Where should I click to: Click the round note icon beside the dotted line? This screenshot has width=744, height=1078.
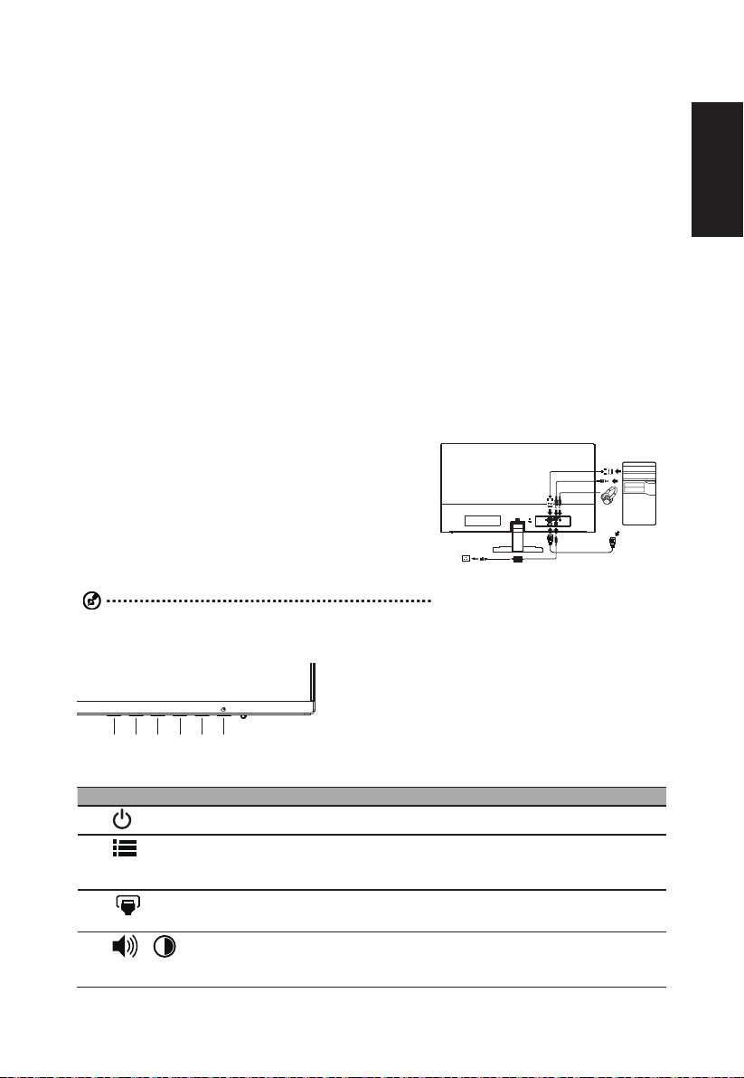click(x=86, y=601)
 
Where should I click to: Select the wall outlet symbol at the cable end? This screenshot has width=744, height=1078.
click(x=466, y=557)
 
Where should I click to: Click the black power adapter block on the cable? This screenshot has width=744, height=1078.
click(x=519, y=559)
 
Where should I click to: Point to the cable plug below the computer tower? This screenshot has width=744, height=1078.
click(x=615, y=541)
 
